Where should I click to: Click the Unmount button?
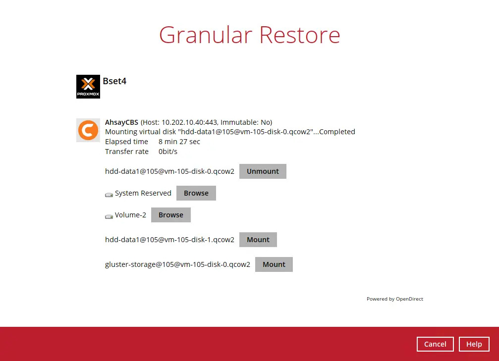pyautogui.click(x=263, y=171)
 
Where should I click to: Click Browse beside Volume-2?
pyautogui.click(x=171, y=215)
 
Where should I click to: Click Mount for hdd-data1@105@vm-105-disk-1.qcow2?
pyautogui.click(x=258, y=240)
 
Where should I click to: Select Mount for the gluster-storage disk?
pyautogui.click(x=274, y=264)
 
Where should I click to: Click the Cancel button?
pyautogui.click(x=435, y=344)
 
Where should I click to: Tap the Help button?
pyautogui.click(x=474, y=344)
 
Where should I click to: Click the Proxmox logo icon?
pyautogui.click(x=88, y=87)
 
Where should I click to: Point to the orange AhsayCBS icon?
pyautogui.click(x=88, y=130)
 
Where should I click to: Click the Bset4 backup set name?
pyautogui.click(x=114, y=81)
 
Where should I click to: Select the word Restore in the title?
pyautogui.click(x=300, y=35)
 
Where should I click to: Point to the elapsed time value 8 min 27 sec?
pyautogui.click(x=179, y=142)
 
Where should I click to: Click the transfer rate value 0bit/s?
pyautogui.click(x=168, y=152)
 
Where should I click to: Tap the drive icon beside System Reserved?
pyautogui.click(x=109, y=194)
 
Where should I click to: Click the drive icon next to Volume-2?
pyautogui.click(x=109, y=216)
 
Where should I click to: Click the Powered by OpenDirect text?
pyautogui.click(x=394, y=299)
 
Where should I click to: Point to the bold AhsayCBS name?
pyautogui.click(x=122, y=122)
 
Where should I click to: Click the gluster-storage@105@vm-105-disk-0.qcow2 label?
pyautogui.click(x=177, y=264)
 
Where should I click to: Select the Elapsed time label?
pyautogui.click(x=126, y=142)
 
